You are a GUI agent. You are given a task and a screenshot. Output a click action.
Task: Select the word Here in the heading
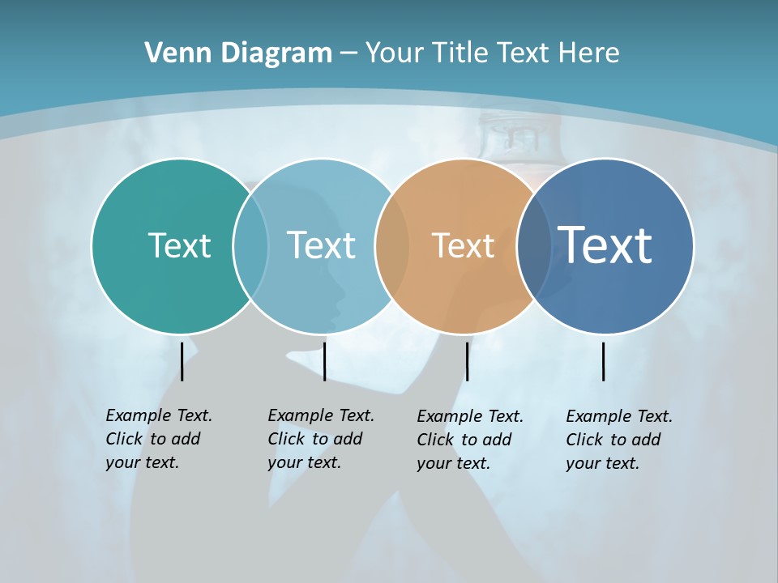[588, 53]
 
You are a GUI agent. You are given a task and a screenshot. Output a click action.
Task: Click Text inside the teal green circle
[179, 245]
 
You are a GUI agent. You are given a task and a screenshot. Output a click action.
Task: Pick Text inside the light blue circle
[321, 245]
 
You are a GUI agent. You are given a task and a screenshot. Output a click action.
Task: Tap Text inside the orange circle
[463, 245]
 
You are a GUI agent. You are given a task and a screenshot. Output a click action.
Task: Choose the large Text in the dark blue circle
[605, 245]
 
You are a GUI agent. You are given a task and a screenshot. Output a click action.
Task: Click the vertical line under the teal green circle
[182, 361]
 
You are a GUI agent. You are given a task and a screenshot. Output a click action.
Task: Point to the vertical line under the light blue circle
[324, 361]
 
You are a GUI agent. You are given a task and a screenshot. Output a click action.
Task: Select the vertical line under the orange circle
[467, 361]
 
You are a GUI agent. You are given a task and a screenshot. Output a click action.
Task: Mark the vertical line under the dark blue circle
[604, 361]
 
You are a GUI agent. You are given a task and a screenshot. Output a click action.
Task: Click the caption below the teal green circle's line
[159, 439]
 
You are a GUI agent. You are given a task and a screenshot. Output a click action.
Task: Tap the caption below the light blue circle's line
[321, 439]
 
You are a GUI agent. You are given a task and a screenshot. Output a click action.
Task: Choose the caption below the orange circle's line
[470, 440]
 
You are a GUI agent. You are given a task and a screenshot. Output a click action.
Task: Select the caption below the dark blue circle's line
[619, 440]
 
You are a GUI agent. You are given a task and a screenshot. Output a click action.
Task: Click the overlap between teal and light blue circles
[250, 245]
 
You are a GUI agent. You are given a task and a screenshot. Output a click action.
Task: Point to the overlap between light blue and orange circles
[392, 245]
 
